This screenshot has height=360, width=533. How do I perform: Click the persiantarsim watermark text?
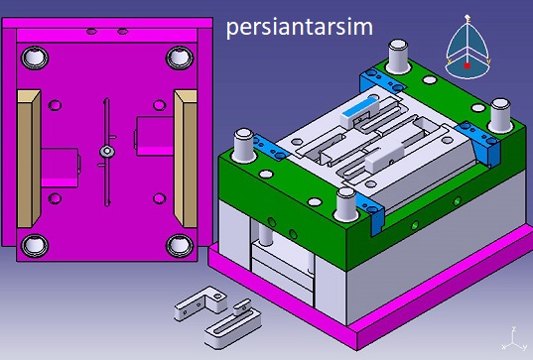300,28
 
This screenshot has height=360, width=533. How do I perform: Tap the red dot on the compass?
467,65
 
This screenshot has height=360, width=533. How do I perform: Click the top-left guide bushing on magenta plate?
35,58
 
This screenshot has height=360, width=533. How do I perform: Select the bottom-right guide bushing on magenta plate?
180,245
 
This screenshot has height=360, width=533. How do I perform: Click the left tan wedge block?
29,159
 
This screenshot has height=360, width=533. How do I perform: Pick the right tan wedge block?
186,159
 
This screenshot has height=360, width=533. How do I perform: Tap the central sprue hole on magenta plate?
107,151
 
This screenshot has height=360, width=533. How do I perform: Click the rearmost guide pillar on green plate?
398,57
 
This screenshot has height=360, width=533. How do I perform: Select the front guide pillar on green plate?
346,204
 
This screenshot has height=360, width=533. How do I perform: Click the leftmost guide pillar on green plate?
244,145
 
